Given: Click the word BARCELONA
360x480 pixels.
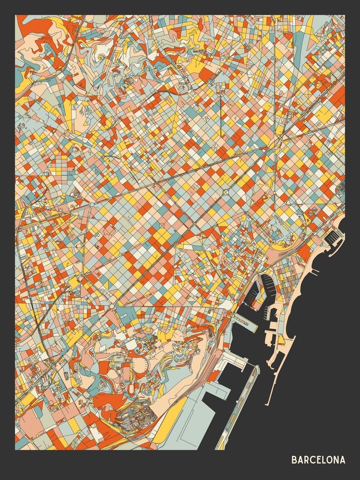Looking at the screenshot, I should [x=318, y=460].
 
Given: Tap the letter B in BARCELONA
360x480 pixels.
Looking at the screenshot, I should [x=294, y=460].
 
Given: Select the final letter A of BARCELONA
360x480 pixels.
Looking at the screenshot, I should [x=342, y=460].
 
